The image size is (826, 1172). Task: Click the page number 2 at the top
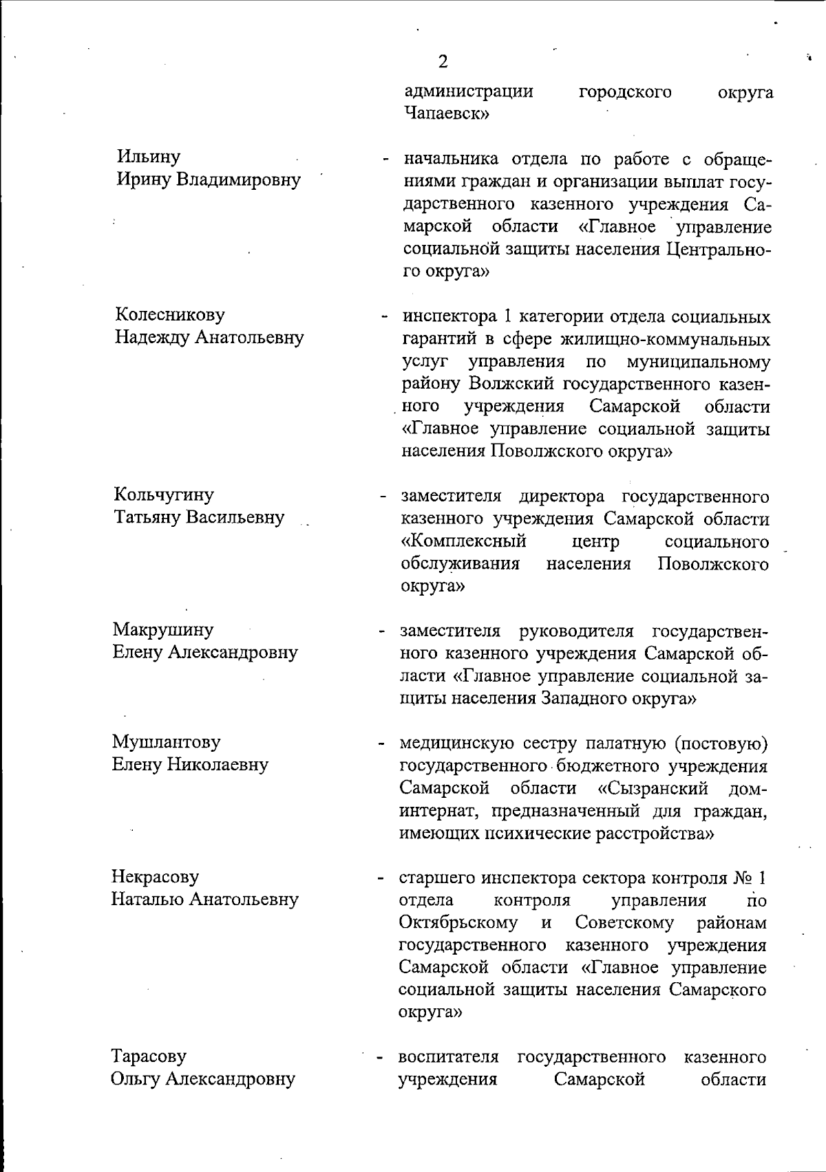tap(443, 62)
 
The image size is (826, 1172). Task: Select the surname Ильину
tap(148, 158)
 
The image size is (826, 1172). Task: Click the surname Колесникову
tap(170, 315)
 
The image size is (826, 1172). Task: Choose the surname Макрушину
tap(163, 629)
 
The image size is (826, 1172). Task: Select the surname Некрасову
tap(155, 876)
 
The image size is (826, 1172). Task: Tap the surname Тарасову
tap(149, 1056)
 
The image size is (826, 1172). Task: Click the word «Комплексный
tap(464, 541)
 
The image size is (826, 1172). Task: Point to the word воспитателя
tap(448, 1056)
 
